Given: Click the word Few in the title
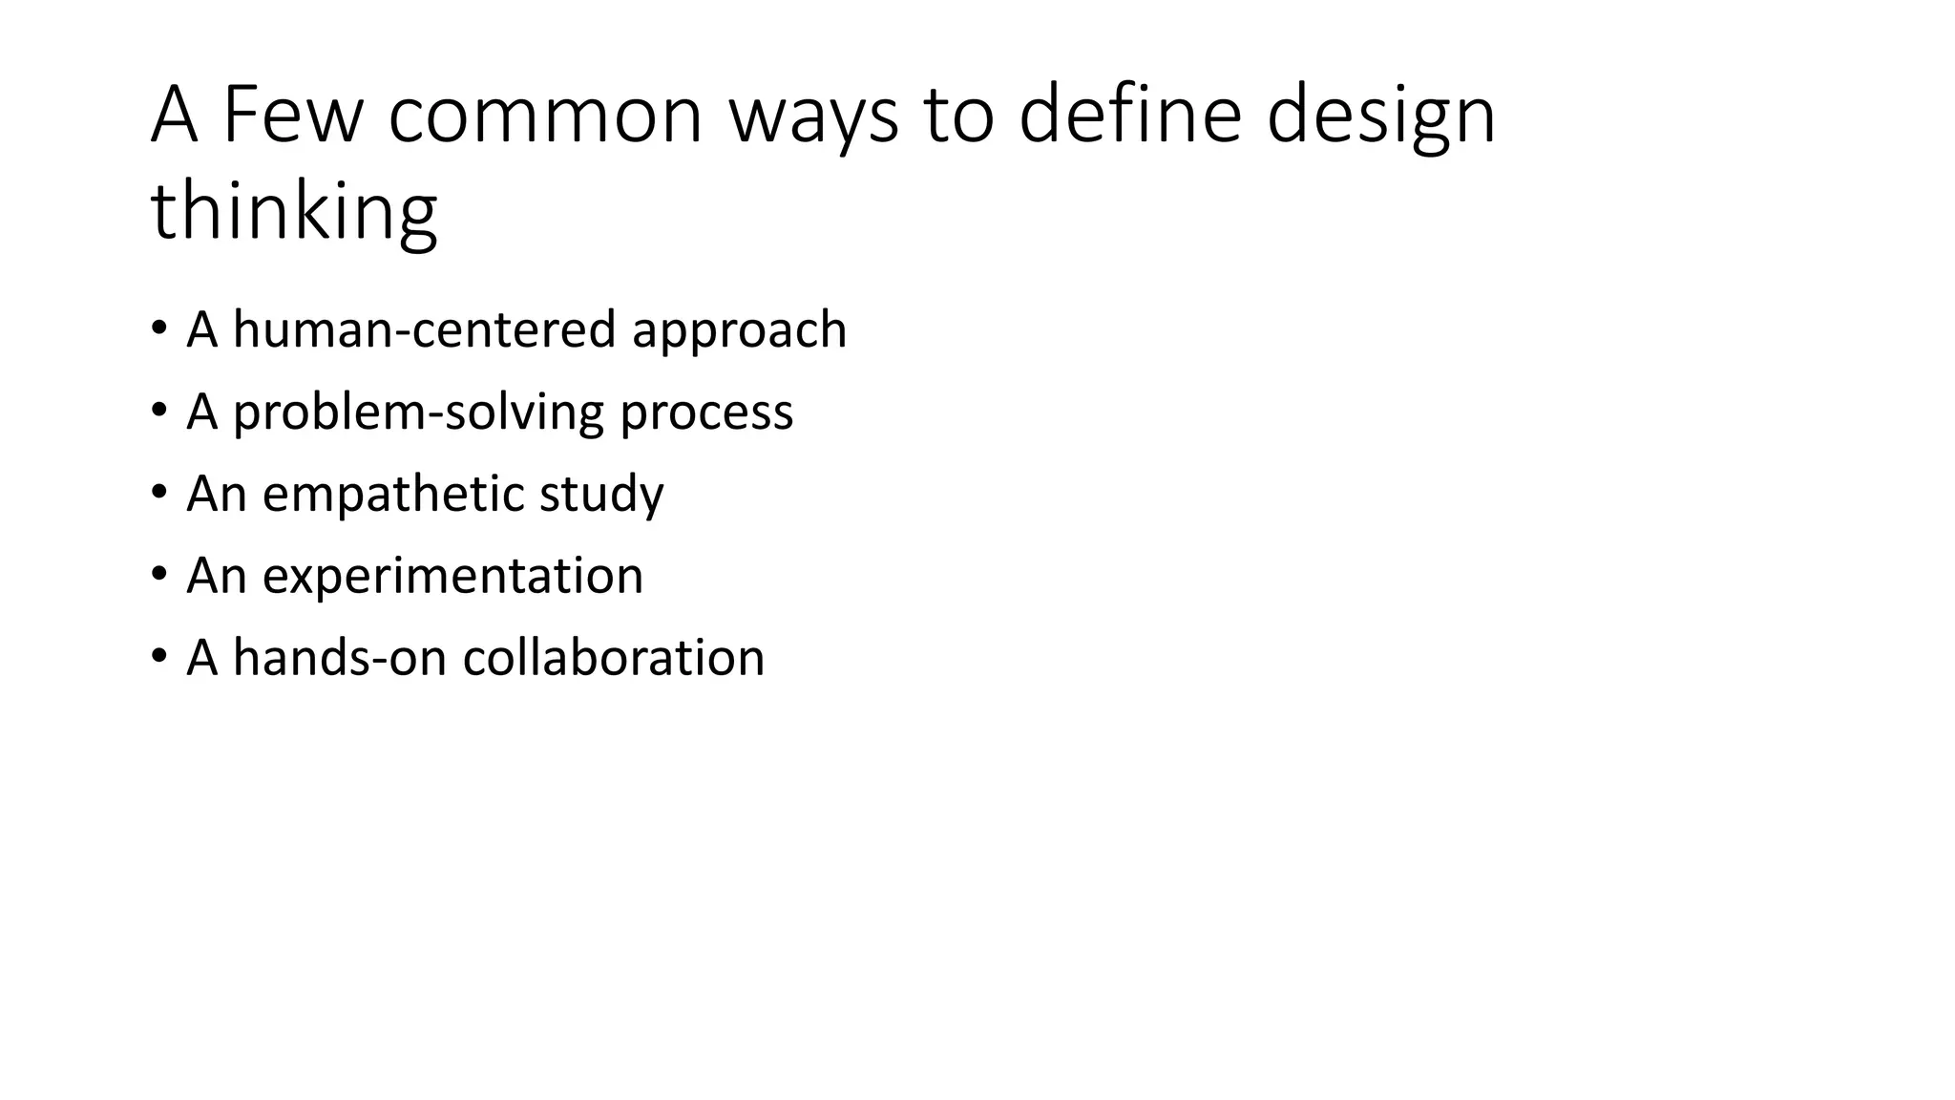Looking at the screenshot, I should point(293,115).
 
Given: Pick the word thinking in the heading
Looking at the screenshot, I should point(294,212).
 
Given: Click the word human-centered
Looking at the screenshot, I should point(424,329).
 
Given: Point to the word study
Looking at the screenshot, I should point(601,496).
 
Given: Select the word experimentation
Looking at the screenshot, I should point(452,577).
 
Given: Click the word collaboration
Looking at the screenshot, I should point(613,658).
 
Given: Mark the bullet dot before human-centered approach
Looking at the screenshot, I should point(158,328).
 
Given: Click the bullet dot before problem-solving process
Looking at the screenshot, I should point(158,411).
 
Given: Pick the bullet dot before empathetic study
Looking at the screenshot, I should point(158,493).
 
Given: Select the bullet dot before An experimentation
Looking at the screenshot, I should point(158,575).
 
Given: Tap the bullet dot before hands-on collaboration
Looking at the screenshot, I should point(158,657).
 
